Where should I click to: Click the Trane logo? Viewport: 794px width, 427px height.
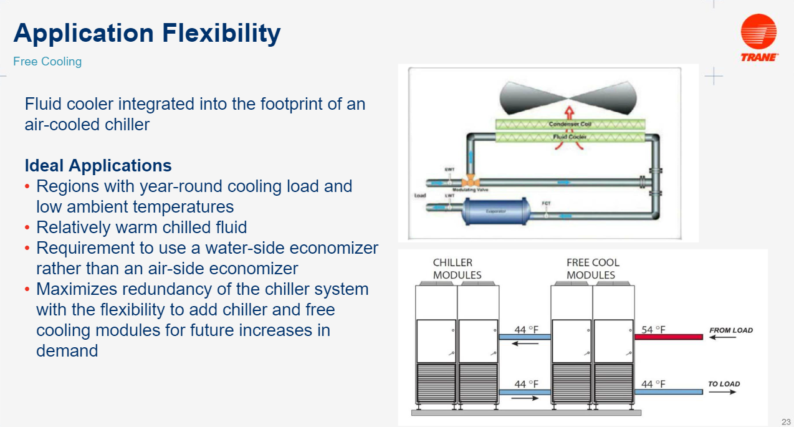(758, 37)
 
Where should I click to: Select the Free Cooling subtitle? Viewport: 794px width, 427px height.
(47, 61)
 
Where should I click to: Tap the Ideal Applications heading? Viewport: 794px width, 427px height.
(98, 166)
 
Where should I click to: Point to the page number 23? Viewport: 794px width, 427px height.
(785, 421)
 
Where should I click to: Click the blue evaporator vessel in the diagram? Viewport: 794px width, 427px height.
(496, 211)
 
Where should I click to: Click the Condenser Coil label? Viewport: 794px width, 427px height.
(570, 124)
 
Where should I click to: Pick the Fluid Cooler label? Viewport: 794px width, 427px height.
(569, 136)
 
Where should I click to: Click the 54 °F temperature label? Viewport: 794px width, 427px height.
(653, 329)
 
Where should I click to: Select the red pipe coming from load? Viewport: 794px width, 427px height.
(668, 337)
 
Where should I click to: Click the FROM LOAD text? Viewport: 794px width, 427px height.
(730, 330)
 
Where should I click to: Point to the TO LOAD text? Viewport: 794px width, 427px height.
(724, 384)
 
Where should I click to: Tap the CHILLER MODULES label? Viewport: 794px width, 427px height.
(457, 269)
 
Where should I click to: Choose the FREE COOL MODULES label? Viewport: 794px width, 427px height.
(593, 269)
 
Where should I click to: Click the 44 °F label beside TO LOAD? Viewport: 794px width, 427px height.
(653, 384)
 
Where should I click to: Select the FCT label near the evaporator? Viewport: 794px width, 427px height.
(546, 203)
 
